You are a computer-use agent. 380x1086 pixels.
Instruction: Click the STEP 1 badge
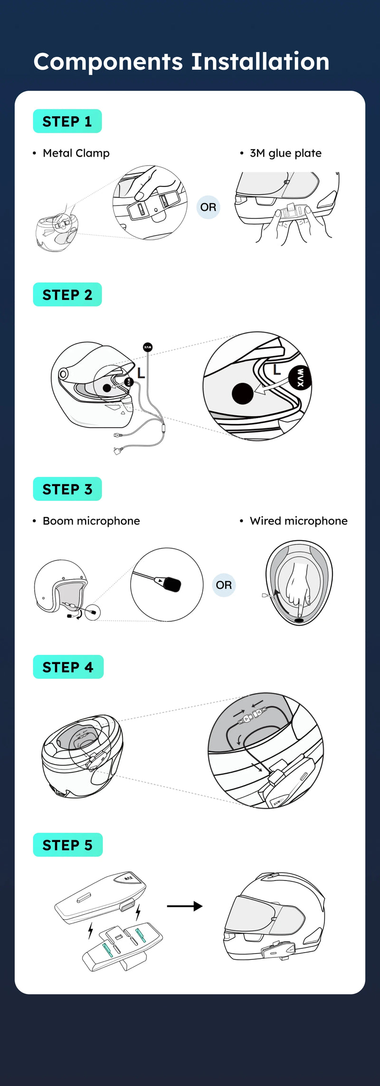tap(67, 122)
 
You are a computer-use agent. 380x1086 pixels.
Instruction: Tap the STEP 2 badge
tap(67, 295)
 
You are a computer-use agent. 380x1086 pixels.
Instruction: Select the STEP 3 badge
tap(67, 489)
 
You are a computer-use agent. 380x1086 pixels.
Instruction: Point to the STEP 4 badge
tap(68, 667)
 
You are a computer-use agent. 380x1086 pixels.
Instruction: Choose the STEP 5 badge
tap(67, 845)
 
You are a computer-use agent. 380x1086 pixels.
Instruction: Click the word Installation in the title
tap(260, 62)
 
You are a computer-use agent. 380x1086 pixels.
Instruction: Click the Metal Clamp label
tap(76, 153)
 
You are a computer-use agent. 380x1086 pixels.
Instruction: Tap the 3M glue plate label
tap(285, 153)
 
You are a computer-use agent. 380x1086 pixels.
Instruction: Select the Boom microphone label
tap(91, 521)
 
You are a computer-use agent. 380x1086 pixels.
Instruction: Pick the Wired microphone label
tap(298, 521)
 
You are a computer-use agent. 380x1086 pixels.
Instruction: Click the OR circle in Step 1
tap(208, 207)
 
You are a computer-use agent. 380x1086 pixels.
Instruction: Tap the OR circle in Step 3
tap(224, 585)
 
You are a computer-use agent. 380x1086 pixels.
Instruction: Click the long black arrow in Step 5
tap(185, 906)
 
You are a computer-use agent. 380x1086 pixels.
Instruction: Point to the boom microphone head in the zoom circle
tap(172, 584)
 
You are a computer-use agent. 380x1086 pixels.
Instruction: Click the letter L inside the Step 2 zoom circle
tap(277, 370)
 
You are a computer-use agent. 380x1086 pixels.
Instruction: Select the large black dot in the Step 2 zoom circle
tap(242, 393)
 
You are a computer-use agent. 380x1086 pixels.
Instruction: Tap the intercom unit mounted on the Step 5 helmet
tap(277, 949)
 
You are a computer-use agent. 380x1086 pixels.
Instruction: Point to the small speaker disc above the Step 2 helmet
tap(148, 347)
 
